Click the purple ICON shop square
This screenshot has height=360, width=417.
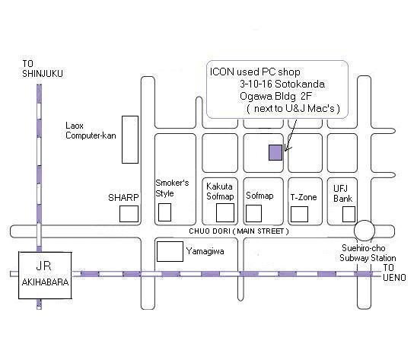(275, 152)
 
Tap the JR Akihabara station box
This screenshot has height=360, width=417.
(45, 275)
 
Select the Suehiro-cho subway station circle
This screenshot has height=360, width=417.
(364, 231)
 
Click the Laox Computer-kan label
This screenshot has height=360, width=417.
(91, 130)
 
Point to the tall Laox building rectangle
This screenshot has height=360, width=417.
(130, 139)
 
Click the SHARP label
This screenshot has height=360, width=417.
(123, 197)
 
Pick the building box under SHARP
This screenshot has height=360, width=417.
(129, 214)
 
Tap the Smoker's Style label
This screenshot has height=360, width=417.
(172, 188)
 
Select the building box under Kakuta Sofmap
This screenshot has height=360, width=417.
(225, 212)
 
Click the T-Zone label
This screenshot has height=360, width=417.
(304, 197)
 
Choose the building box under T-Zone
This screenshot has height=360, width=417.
(300, 214)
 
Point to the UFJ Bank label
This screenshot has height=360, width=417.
(342, 193)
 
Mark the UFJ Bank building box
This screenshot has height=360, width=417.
(349, 214)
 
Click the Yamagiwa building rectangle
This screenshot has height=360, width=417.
(170, 251)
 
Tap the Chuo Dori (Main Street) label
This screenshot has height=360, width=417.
(239, 231)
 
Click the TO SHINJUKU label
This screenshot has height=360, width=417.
(43, 68)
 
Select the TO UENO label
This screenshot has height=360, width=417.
(394, 272)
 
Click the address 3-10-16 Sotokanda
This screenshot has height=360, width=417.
(282, 84)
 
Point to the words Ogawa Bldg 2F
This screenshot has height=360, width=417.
(275, 96)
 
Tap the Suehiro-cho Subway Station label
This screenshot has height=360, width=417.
(368, 253)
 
